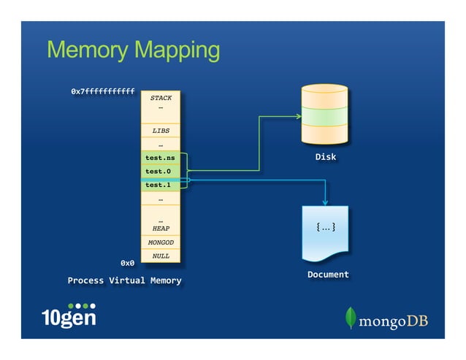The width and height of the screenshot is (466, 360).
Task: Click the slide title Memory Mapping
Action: click(x=133, y=50)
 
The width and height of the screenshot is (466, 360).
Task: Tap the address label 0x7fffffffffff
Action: click(x=102, y=92)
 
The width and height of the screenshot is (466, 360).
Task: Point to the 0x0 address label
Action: click(x=127, y=262)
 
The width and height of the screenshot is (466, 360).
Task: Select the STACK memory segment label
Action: click(x=161, y=97)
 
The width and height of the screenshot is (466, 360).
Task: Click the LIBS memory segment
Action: click(x=161, y=131)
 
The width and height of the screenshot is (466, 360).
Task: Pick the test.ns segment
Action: click(x=160, y=158)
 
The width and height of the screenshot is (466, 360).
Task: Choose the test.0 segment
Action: click(x=158, y=172)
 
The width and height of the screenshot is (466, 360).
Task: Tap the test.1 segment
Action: click(x=158, y=185)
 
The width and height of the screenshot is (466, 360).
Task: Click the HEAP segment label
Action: click(x=161, y=228)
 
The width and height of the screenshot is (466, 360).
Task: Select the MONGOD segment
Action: click(x=161, y=242)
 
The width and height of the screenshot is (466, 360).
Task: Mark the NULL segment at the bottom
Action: click(x=161, y=256)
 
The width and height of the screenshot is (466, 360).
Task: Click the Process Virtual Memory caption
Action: click(x=124, y=280)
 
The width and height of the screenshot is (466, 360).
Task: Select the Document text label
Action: click(x=328, y=275)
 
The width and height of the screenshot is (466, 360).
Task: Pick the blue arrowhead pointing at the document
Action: click(x=325, y=202)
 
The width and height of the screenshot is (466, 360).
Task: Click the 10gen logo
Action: click(x=69, y=315)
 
